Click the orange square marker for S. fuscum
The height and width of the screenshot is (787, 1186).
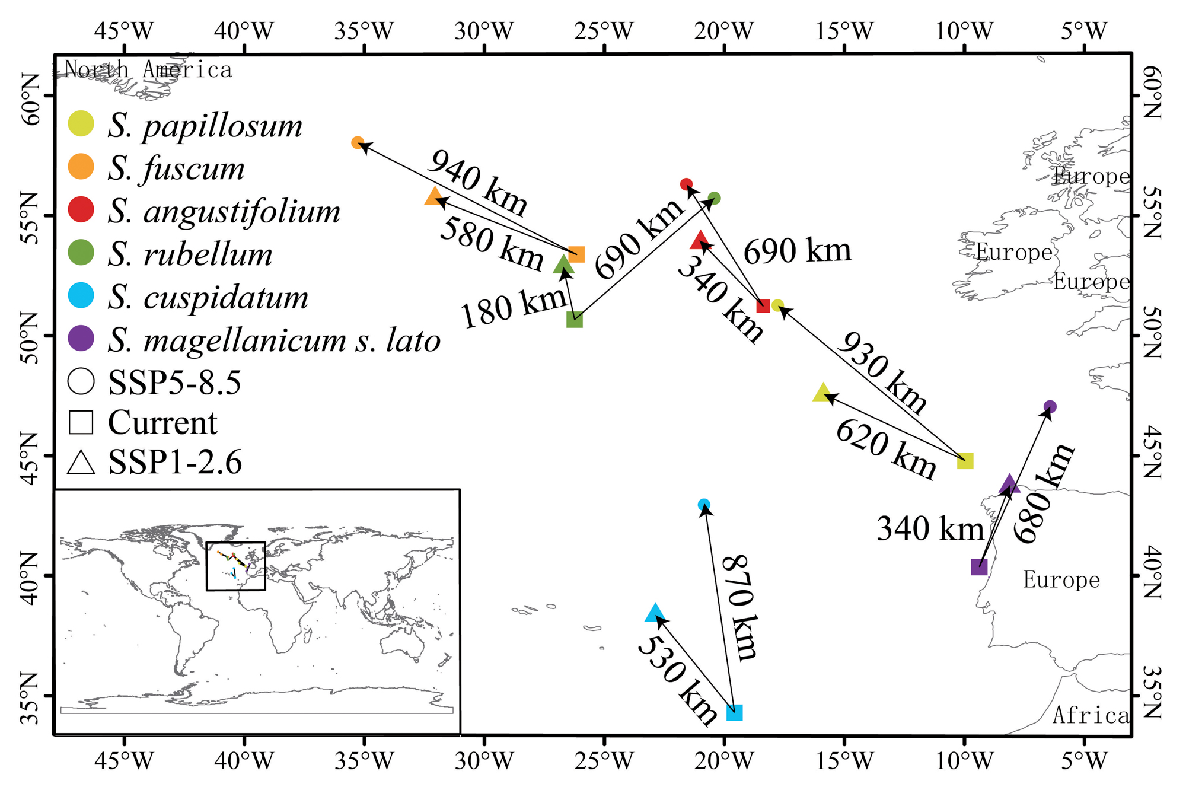click(576, 254)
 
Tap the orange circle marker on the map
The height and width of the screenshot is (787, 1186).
click(358, 143)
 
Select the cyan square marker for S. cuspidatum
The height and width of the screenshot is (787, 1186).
click(734, 712)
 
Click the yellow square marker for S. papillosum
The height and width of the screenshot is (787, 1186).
click(965, 461)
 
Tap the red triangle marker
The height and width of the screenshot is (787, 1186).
click(700, 241)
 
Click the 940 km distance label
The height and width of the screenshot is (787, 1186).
click(477, 183)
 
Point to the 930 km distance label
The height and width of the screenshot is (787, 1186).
click(882, 372)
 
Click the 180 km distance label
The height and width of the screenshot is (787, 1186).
click(513, 307)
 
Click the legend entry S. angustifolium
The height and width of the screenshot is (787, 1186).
click(224, 212)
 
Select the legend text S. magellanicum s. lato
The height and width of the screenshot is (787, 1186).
click(274, 340)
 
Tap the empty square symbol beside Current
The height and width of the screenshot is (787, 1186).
click(81, 422)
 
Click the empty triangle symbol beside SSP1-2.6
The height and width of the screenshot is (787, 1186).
click(81, 463)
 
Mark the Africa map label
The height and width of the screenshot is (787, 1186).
click(1091, 716)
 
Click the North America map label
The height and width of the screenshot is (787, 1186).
click(148, 70)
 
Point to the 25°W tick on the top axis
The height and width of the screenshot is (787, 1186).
click(604, 31)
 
